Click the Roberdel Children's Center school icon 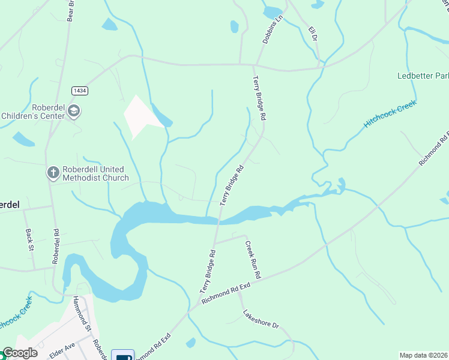coord(74,110)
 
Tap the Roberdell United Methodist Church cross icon coord(53,173)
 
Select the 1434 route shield coord(79,90)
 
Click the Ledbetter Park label coord(423,76)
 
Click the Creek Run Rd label coord(253,259)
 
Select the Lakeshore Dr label coord(261,319)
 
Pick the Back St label coord(28,239)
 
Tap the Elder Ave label coord(61,350)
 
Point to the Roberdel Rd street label coord(56,245)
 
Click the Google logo coord(20,353)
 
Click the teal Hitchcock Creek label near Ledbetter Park coord(389,114)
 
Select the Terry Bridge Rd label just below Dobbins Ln coord(259,98)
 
